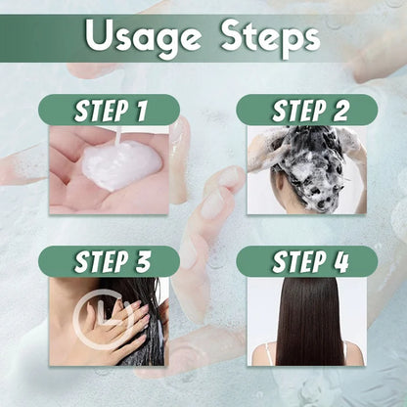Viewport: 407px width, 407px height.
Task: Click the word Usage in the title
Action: (143, 39)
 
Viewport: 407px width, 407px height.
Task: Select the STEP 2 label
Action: (306, 110)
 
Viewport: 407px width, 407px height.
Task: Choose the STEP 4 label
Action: (306, 261)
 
